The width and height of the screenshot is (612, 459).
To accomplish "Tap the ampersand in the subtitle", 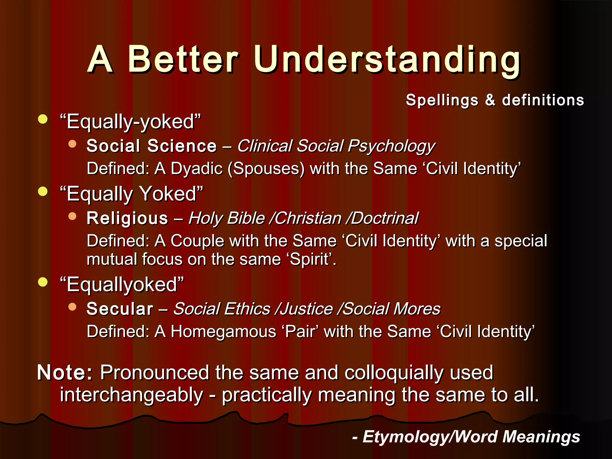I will pos(490,100).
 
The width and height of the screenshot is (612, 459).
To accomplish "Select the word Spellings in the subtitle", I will pos(442,100).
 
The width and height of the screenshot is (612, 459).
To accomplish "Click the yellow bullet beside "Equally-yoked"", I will pos(43,119).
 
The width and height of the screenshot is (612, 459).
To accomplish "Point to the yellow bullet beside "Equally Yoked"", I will pos(43,191).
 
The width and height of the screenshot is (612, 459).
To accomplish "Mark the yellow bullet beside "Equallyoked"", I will pos(43,282).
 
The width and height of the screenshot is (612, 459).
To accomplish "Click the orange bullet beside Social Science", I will pos(72,144).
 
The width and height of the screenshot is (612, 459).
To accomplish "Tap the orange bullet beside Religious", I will pos(72,216).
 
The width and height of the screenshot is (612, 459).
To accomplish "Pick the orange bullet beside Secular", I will pos(72,307).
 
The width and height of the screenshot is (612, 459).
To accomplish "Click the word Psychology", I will pos(391,146).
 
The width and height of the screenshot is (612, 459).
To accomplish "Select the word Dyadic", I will pos(197,169).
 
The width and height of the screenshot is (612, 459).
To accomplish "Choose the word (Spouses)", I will pos(266,169).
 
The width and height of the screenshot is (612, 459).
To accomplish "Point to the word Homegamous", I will pos(224,332).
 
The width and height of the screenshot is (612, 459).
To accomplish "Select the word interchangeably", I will pos(131,395).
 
